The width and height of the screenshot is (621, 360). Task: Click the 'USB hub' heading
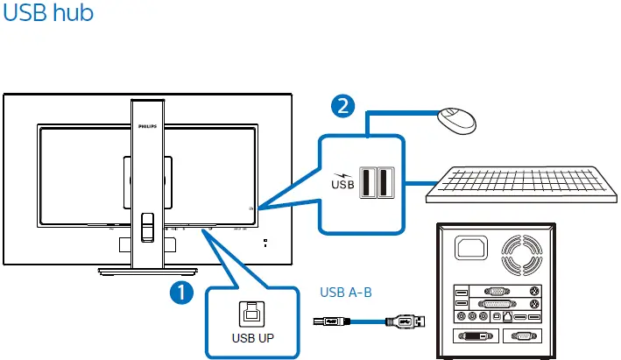coord(49,14)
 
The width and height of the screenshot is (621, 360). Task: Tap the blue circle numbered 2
coord(344,106)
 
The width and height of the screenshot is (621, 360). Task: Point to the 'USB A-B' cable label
coord(346,293)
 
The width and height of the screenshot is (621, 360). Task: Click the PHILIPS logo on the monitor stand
coord(148,126)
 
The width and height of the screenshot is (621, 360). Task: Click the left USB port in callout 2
coord(368,182)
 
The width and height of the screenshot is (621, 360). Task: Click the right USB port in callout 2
coord(385,182)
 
